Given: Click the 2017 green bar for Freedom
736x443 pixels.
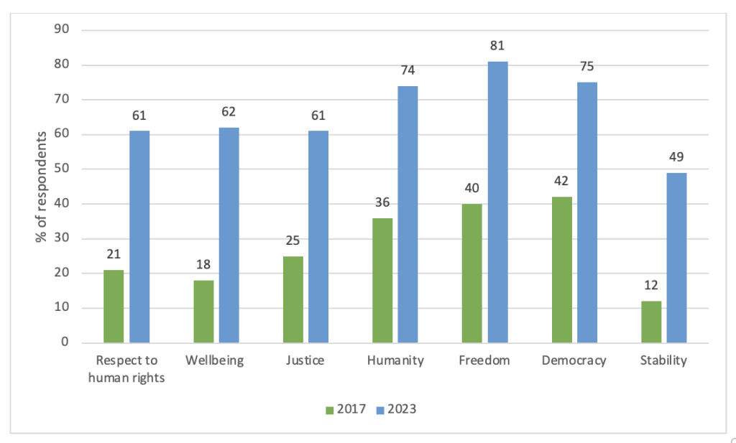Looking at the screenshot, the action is pyautogui.click(x=471, y=274).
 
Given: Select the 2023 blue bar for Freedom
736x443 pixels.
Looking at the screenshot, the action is pyautogui.click(x=497, y=202).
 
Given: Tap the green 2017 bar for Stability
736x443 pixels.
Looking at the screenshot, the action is pyautogui.click(x=651, y=322).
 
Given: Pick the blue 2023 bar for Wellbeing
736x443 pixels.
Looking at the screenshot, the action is pyautogui.click(x=229, y=236).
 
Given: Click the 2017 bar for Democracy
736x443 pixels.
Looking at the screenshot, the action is pyautogui.click(x=562, y=270).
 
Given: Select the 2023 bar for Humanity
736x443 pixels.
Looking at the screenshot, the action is pyautogui.click(x=408, y=214).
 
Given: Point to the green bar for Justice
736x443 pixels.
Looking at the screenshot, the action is pyautogui.click(x=293, y=299).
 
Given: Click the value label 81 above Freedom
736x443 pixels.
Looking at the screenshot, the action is pyautogui.click(x=497, y=45).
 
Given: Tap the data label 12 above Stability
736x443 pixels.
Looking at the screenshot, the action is pyautogui.click(x=651, y=285).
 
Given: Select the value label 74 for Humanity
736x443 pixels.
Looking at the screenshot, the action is pyautogui.click(x=408, y=70).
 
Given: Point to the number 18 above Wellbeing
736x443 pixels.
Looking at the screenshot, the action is pyautogui.click(x=203, y=264).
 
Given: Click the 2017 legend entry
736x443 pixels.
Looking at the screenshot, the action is pyautogui.click(x=346, y=409).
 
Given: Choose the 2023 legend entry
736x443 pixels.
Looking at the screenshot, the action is pyautogui.click(x=397, y=409).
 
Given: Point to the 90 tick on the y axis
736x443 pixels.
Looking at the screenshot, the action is pyautogui.click(x=62, y=29).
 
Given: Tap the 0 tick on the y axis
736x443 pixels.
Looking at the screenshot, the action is pyautogui.click(x=65, y=342).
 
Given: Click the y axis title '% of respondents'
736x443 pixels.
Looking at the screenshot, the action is pyautogui.click(x=41, y=187).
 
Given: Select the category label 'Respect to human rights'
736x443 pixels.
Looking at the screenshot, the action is pyautogui.click(x=126, y=368).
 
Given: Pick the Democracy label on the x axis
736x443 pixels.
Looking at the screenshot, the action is pyautogui.click(x=574, y=360).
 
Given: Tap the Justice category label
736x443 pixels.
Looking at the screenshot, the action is pyautogui.click(x=305, y=360).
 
